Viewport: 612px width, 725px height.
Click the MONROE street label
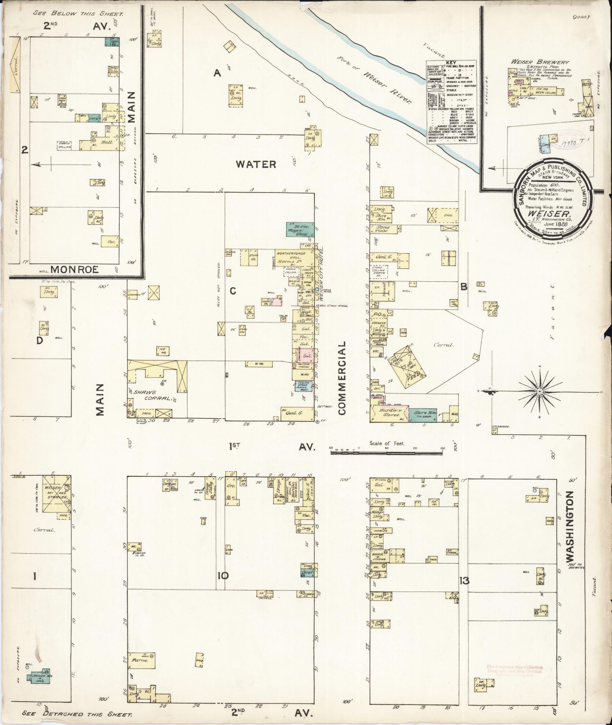tap(74, 269)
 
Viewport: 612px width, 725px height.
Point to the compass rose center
tap(539, 391)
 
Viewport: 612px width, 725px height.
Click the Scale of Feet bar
tap(387, 452)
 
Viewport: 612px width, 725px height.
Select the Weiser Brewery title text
tap(540, 62)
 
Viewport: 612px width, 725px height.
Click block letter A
tap(217, 73)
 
